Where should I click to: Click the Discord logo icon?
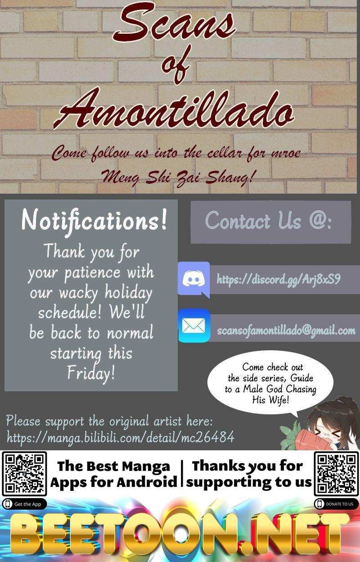click(x=193, y=279)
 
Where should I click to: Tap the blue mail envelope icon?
click(x=194, y=326)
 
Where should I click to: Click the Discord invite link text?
click(x=279, y=279)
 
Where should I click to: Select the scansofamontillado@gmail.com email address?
click(x=286, y=331)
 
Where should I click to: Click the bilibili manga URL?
click(x=121, y=437)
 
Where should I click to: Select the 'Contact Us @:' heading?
click(x=268, y=220)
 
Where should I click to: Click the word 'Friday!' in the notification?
click(x=91, y=373)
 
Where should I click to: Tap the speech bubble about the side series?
click(x=270, y=383)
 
